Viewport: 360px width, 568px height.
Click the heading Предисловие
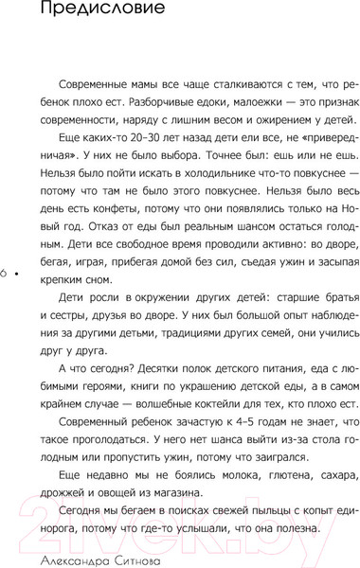pos(83,12)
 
